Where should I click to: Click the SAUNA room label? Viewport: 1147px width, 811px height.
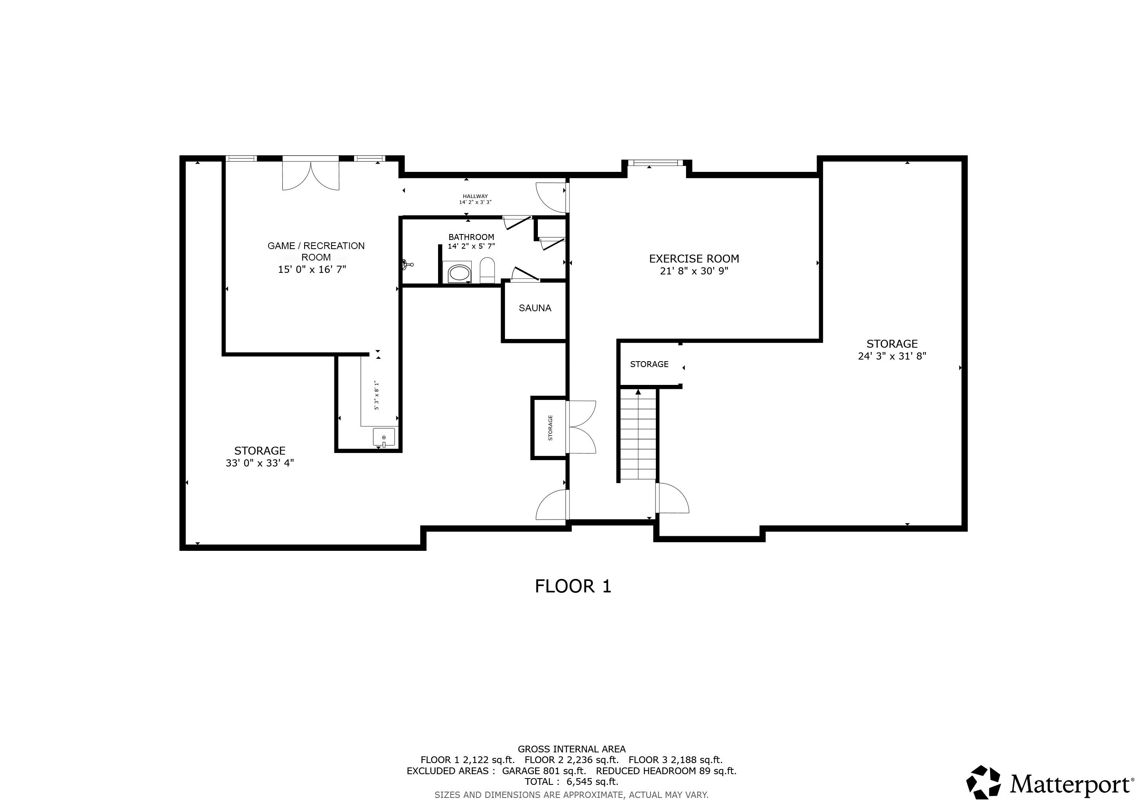(535, 308)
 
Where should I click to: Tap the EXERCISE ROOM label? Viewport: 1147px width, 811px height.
(694, 259)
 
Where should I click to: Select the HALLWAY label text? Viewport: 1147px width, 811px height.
(474, 196)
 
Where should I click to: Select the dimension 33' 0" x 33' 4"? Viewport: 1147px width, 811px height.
(259, 463)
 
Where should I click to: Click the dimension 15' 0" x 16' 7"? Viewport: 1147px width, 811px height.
(312, 270)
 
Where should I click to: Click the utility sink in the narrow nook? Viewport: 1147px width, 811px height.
(384, 437)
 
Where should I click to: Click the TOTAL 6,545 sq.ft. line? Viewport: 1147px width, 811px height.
(571, 782)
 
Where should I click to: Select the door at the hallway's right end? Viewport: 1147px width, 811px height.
(552, 197)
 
